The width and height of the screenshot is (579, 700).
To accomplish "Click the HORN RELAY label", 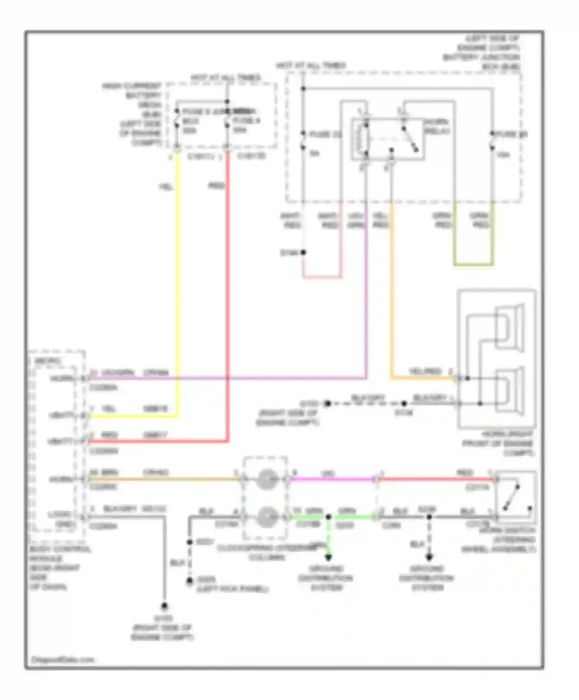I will [x=437, y=127].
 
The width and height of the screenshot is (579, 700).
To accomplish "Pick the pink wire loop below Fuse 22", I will [x=322, y=277].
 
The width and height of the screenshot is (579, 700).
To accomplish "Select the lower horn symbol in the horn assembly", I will [x=510, y=391].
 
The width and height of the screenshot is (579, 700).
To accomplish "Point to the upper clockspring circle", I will [x=266, y=479].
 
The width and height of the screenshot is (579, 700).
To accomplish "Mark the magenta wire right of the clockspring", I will [x=332, y=479].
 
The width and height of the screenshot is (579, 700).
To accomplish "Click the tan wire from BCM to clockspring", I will [x=162, y=480].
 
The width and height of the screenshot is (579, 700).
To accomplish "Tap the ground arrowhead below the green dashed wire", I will [x=328, y=557].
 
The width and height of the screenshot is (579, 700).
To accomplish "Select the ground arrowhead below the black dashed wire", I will [x=429, y=557].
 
